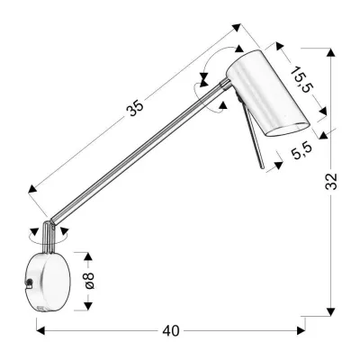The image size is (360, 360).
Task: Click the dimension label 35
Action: click(x=135, y=108)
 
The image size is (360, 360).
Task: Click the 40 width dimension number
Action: click(x=170, y=330)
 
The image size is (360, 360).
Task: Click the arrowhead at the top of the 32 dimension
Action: click(x=332, y=56)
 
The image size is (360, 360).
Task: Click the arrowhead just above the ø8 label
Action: click(x=87, y=256)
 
